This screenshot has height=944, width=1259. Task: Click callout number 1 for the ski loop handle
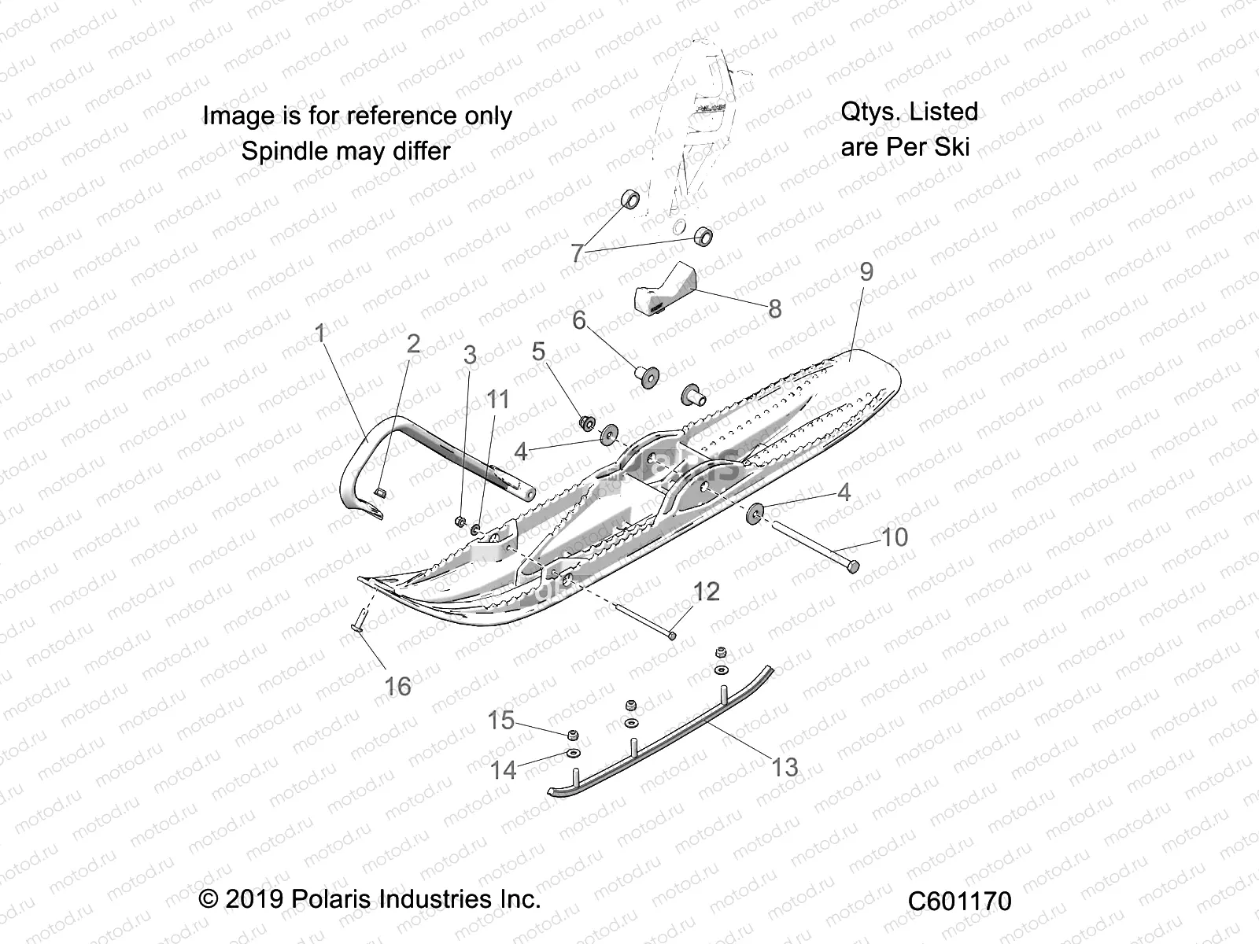coord(320,334)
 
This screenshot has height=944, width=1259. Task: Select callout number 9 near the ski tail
coord(866,271)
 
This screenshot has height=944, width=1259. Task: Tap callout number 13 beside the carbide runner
coord(784,767)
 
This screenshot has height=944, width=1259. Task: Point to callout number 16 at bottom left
coord(397,687)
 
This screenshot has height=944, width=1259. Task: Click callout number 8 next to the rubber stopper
coord(774,309)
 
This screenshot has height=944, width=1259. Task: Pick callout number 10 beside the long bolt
coord(894,537)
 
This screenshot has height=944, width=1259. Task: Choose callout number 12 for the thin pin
coord(706,592)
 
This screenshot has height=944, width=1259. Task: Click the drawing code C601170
coord(959,901)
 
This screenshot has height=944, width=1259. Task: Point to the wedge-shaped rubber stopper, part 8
coord(666,292)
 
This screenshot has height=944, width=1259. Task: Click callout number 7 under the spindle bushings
coord(577,253)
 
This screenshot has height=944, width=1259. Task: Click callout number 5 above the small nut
coord(538,351)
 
